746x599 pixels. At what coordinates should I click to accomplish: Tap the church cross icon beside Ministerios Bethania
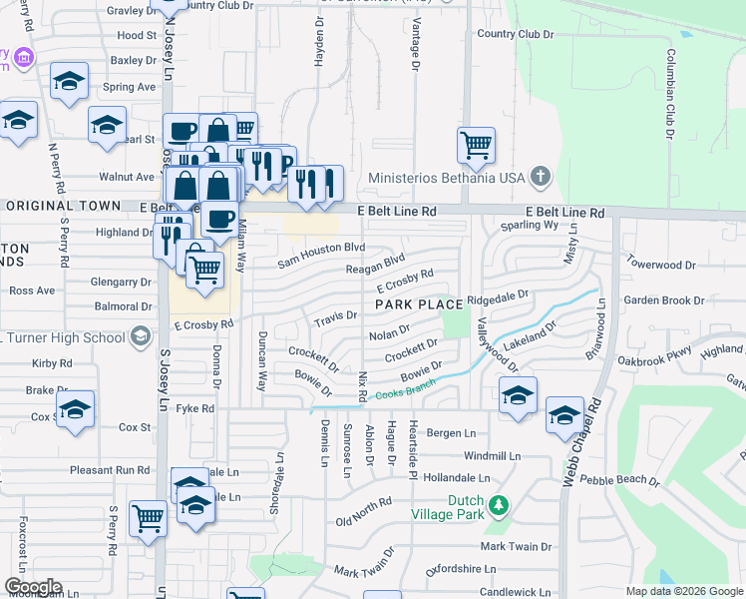click(x=540, y=178)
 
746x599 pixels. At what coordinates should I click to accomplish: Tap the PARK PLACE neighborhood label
click(x=419, y=303)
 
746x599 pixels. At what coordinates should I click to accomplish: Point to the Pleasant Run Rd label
click(x=110, y=469)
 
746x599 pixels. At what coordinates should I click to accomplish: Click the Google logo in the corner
click(x=33, y=586)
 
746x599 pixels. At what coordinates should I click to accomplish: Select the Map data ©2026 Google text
click(x=683, y=591)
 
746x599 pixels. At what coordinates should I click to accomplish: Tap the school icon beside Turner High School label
click(x=141, y=336)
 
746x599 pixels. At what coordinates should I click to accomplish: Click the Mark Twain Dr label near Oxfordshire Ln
click(x=516, y=547)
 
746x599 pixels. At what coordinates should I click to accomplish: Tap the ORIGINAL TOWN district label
click(x=70, y=205)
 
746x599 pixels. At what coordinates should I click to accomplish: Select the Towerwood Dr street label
click(x=660, y=265)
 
